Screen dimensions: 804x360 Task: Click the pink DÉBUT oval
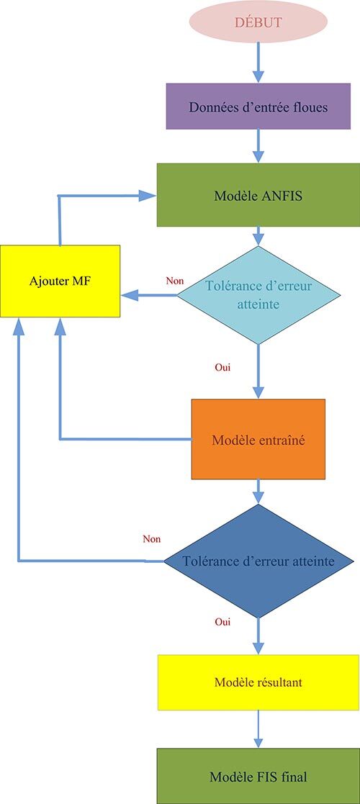coord(258,22)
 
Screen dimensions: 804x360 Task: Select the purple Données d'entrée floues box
coord(258,107)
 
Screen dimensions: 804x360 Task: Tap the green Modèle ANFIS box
coord(258,195)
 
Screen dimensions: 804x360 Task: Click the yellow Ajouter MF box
coord(60,281)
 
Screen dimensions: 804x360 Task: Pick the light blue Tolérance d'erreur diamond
coord(258,295)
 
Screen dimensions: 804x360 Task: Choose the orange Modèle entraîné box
coord(258,439)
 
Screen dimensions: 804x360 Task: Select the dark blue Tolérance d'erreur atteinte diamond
coord(258,561)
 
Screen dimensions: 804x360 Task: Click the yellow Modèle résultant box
coord(258,682)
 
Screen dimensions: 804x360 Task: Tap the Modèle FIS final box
coord(258,777)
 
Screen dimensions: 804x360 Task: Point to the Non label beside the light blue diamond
coord(174,281)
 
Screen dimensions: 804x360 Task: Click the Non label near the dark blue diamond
coord(152,538)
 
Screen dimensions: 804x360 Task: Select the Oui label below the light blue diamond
coord(222,367)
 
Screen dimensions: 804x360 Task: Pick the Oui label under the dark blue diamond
coord(222,620)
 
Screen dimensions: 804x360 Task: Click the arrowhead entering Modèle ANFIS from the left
coord(149,195)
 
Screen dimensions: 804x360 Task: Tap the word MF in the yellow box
coord(81,281)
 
